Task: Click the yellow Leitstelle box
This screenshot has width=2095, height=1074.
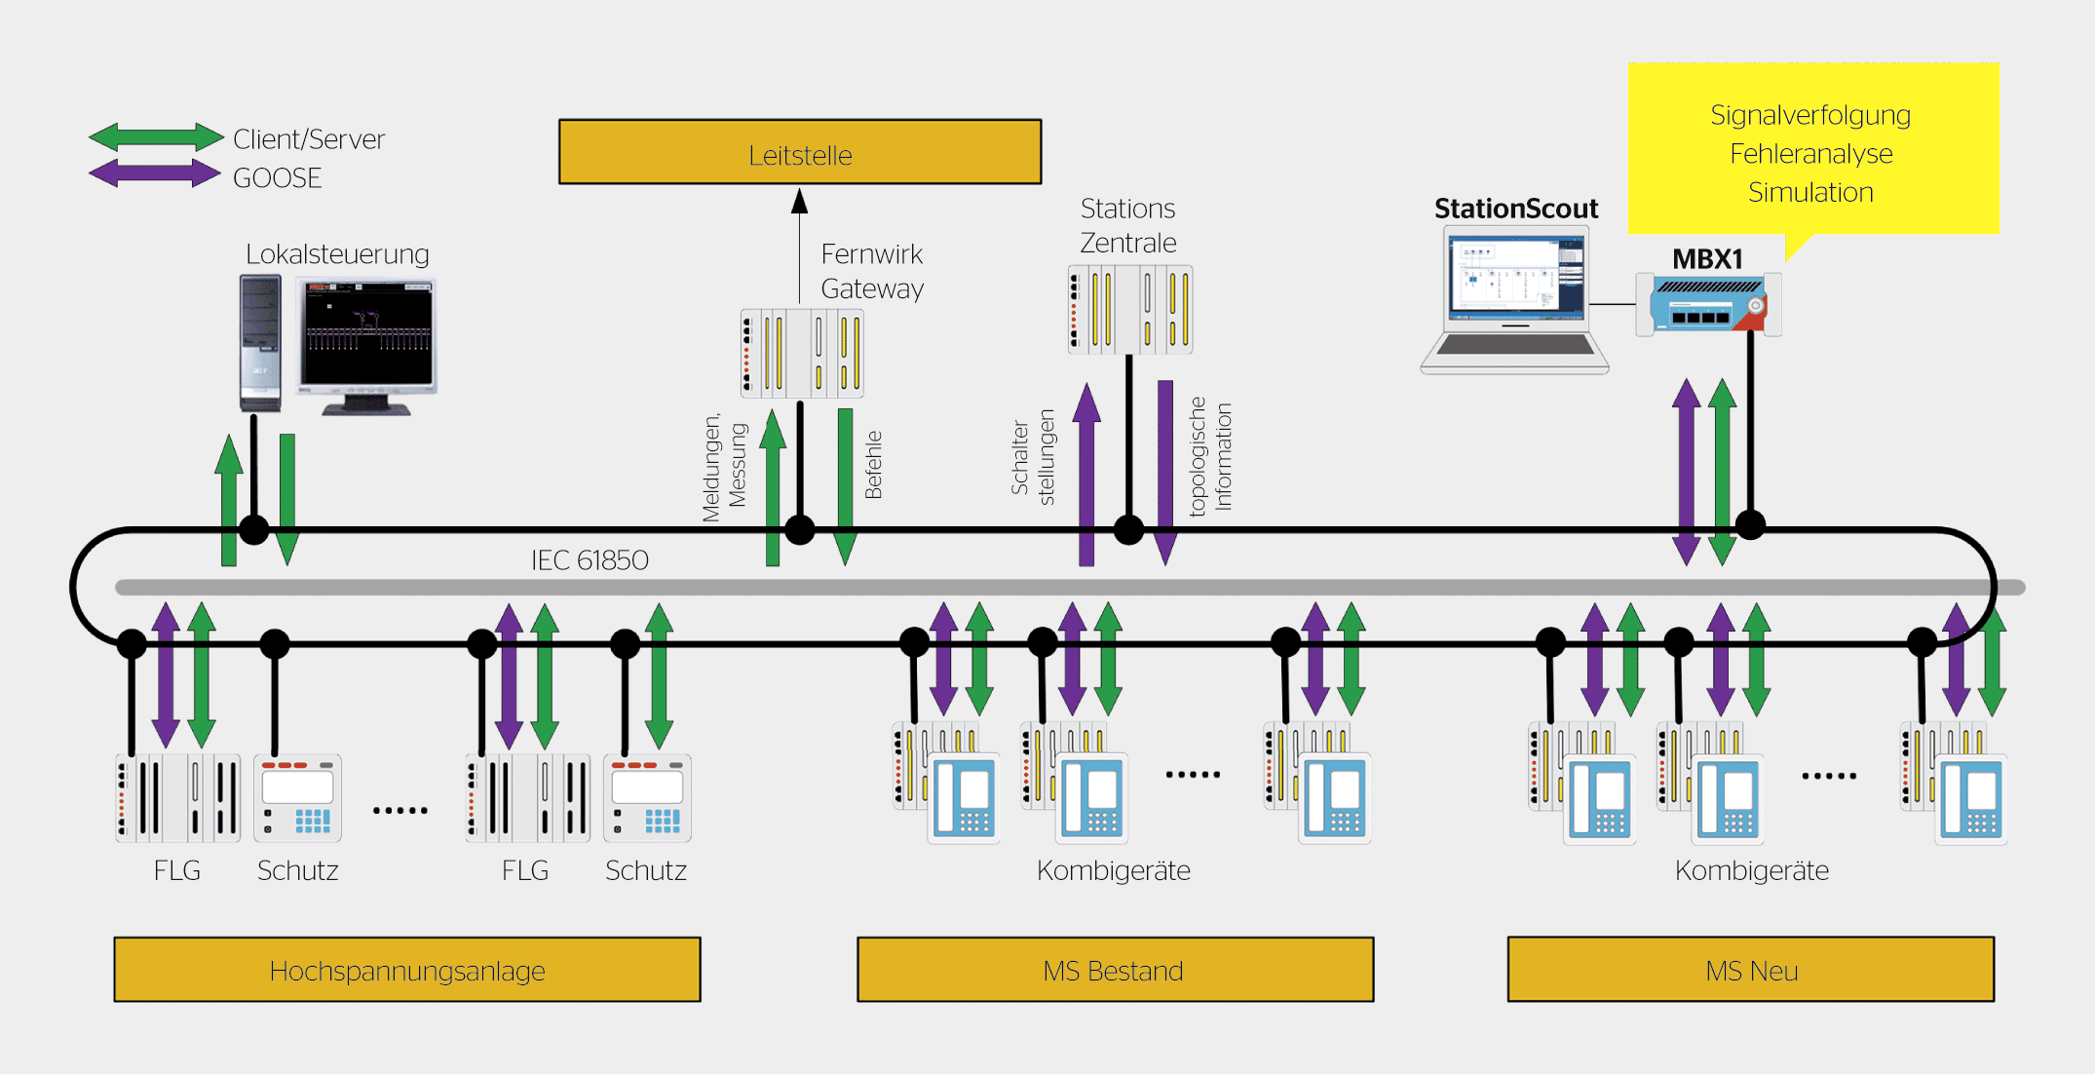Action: [799, 152]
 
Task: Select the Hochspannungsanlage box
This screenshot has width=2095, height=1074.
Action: [406, 970]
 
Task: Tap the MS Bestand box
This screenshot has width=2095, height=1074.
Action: [1115, 970]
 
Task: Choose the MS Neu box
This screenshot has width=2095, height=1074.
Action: [1750, 970]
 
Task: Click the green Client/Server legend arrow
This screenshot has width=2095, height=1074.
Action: [156, 137]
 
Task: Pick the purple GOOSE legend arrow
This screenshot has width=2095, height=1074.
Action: [156, 174]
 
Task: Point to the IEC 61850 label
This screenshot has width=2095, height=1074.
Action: [590, 560]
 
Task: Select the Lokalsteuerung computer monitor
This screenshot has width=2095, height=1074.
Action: [367, 341]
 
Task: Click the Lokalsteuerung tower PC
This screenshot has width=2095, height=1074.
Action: [260, 341]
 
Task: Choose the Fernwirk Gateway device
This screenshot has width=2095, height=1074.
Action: [802, 353]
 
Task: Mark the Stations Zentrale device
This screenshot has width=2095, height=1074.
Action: [1130, 309]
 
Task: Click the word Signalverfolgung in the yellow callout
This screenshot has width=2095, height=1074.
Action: [1810, 115]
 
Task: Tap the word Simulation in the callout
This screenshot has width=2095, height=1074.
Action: [1810, 192]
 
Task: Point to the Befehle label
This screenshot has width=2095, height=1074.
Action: [873, 465]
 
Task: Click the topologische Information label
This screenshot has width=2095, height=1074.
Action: [1210, 456]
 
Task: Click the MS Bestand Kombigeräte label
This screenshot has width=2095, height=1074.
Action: [1113, 870]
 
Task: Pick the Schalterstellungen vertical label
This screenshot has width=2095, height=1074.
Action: [1033, 456]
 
